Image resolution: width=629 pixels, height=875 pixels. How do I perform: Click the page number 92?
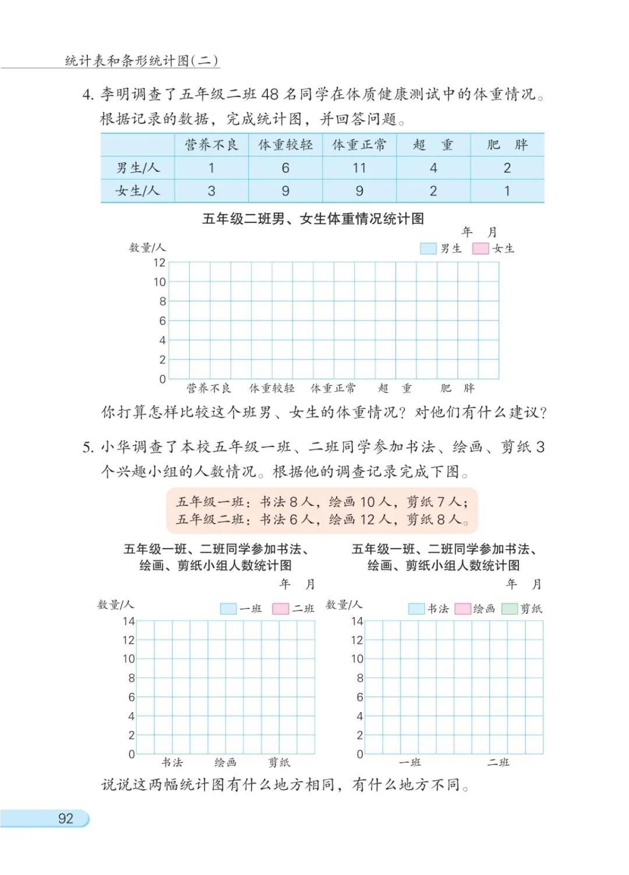click(x=66, y=819)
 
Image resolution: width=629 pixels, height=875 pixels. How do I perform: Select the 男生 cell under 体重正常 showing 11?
click(x=359, y=168)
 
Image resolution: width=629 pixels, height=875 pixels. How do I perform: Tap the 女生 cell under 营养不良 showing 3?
click(x=211, y=191)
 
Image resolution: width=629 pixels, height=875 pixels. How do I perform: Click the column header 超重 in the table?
click(x=433, y=145)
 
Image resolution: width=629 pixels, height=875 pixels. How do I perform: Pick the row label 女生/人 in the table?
click(x=137, y=191)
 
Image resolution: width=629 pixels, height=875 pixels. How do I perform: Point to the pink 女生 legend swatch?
click(x=480, y=248)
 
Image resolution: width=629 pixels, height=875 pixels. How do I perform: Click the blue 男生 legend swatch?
click(x=428, y=248)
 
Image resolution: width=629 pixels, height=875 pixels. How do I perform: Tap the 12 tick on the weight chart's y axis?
click(x=160, y=262)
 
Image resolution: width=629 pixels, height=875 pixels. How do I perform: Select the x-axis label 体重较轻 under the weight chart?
click(x=272, y=388)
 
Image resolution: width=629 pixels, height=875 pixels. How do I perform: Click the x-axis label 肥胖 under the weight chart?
click(x=457, y=388)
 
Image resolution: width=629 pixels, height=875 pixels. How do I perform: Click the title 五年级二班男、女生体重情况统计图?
click(x=313, y=219)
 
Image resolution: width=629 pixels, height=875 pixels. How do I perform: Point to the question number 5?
click(x=87, y=447)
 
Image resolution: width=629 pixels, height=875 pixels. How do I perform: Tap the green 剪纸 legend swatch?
click(x=510, y=609)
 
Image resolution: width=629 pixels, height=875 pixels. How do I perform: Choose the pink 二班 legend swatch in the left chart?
click(x=281, y=609)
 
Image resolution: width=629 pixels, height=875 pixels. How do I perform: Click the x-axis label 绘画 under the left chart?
click(x=225, y=762)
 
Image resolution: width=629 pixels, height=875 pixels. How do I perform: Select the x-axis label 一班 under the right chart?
click(x=410, y=762)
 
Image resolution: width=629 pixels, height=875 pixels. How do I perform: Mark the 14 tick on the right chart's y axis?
click(x=356, y=621)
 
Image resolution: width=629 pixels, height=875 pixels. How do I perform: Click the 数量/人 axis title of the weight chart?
click(x=147, y=248)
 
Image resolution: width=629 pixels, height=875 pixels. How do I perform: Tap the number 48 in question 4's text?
click(x=270, y=94)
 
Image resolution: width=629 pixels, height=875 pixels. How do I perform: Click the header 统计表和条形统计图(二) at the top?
click(x=142, y=61)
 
